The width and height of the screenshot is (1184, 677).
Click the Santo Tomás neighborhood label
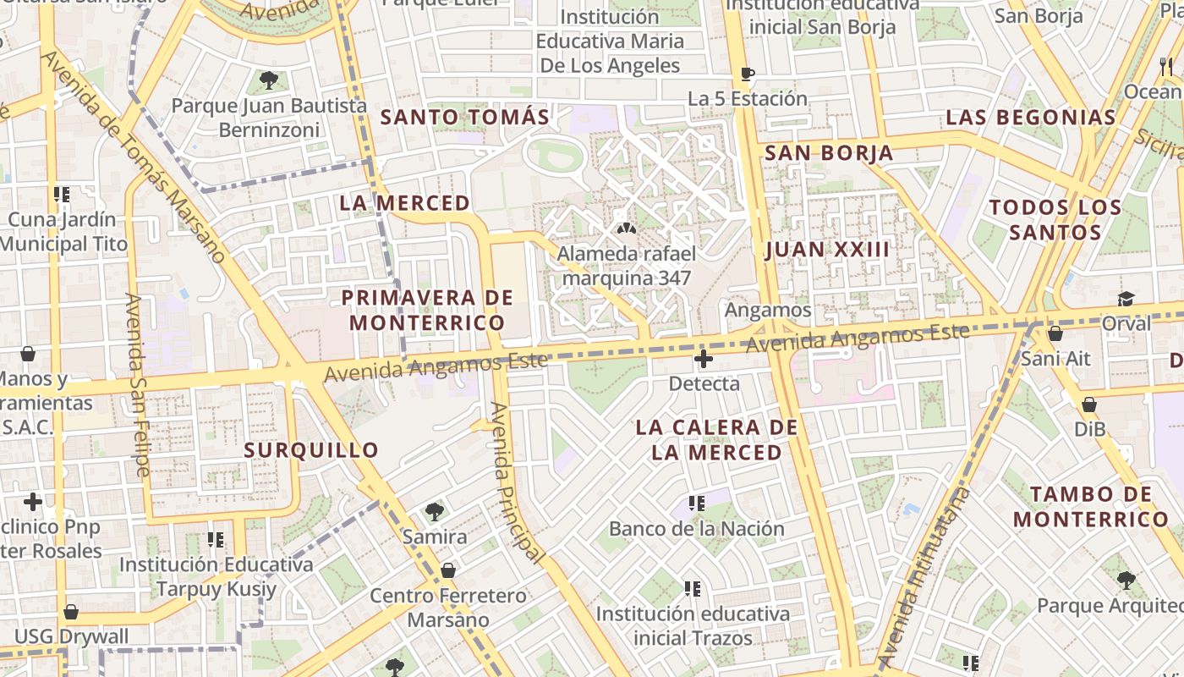coord(465,117)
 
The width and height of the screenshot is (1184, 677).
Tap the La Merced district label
coord(404,203)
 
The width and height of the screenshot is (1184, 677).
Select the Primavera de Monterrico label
coord(427,310)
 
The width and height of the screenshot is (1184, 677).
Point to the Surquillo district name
coord(311,449)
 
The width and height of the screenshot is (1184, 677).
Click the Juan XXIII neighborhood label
coord(827,249)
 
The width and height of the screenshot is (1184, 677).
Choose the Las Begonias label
coord(1031,117)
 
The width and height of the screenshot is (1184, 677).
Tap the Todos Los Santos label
coord(1055,219)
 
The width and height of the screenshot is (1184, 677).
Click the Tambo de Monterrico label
coord(1091,506)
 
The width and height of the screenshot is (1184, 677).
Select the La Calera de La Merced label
coord(717,439)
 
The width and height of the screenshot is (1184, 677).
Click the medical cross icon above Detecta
coord(703,359)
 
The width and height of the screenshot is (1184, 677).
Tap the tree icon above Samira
coord(435,511)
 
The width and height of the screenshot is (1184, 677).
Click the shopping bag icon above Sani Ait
coord(1055,333)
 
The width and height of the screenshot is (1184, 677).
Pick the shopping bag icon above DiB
coord(1089,405)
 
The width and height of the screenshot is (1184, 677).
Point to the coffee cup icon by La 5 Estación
coord(747,74)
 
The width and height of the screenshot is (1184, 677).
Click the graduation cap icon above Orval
coord(1126,299)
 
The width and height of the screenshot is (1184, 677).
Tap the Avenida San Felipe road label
coord(137,384)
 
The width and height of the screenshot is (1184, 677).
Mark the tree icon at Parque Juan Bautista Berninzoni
coord(269,80)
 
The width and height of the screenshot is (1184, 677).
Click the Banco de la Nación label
coord(697,529)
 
